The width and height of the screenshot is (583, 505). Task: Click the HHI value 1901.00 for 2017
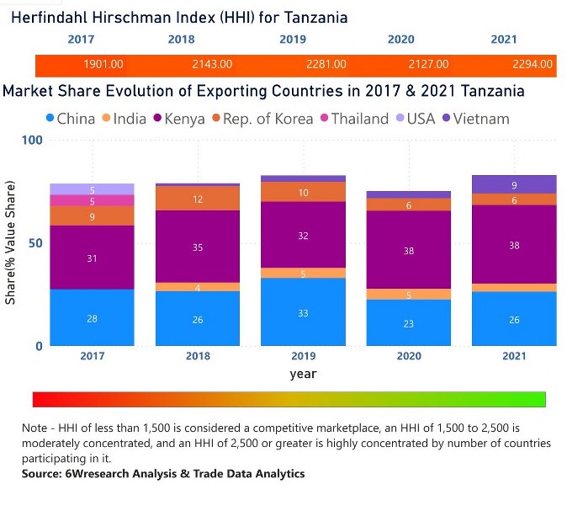103,64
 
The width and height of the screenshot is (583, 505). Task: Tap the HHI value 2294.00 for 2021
533,64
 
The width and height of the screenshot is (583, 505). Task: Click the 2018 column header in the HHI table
181,40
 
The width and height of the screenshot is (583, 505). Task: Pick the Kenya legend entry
177,119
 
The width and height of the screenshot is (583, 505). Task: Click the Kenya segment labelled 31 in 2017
92,258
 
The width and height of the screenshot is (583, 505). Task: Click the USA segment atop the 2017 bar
92,189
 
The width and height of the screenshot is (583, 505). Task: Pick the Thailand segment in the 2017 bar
92,200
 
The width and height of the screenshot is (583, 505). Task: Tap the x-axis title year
304,373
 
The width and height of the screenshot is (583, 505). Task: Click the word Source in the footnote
45,474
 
